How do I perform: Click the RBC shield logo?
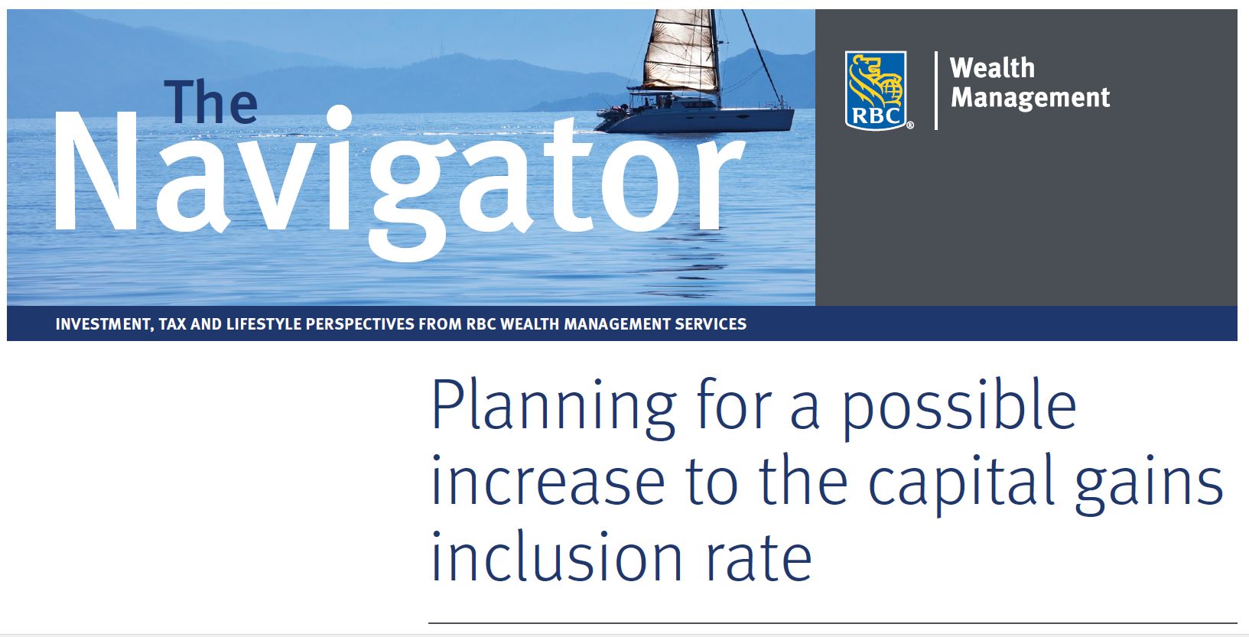pyautogui.click(x=876, y=91)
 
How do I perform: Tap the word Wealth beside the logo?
pyautogui.click(x=992, y=69)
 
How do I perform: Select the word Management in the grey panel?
pyautogui.click(x=1029, y=98)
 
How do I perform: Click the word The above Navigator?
pyautogui.click(x=211, y=102)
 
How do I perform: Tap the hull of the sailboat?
pyautogui.click(x=695, y=120)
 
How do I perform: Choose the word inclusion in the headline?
pyautogui.click(x=557, y=556)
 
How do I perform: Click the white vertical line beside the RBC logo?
pyautogui.click(x=935, y=90)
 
